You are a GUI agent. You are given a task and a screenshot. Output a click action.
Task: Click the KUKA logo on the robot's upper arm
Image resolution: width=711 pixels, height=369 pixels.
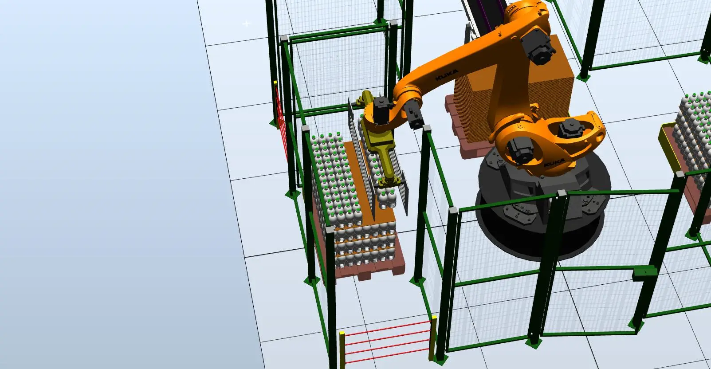pyautogui.click(x=447, y=75)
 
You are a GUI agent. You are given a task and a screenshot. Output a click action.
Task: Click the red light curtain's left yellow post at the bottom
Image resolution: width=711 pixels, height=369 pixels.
pyautogui.click(x=342, y=349)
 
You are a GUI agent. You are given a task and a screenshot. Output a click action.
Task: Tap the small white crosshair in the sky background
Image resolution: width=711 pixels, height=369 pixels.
pyautogui.click(x=246, y=23)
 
